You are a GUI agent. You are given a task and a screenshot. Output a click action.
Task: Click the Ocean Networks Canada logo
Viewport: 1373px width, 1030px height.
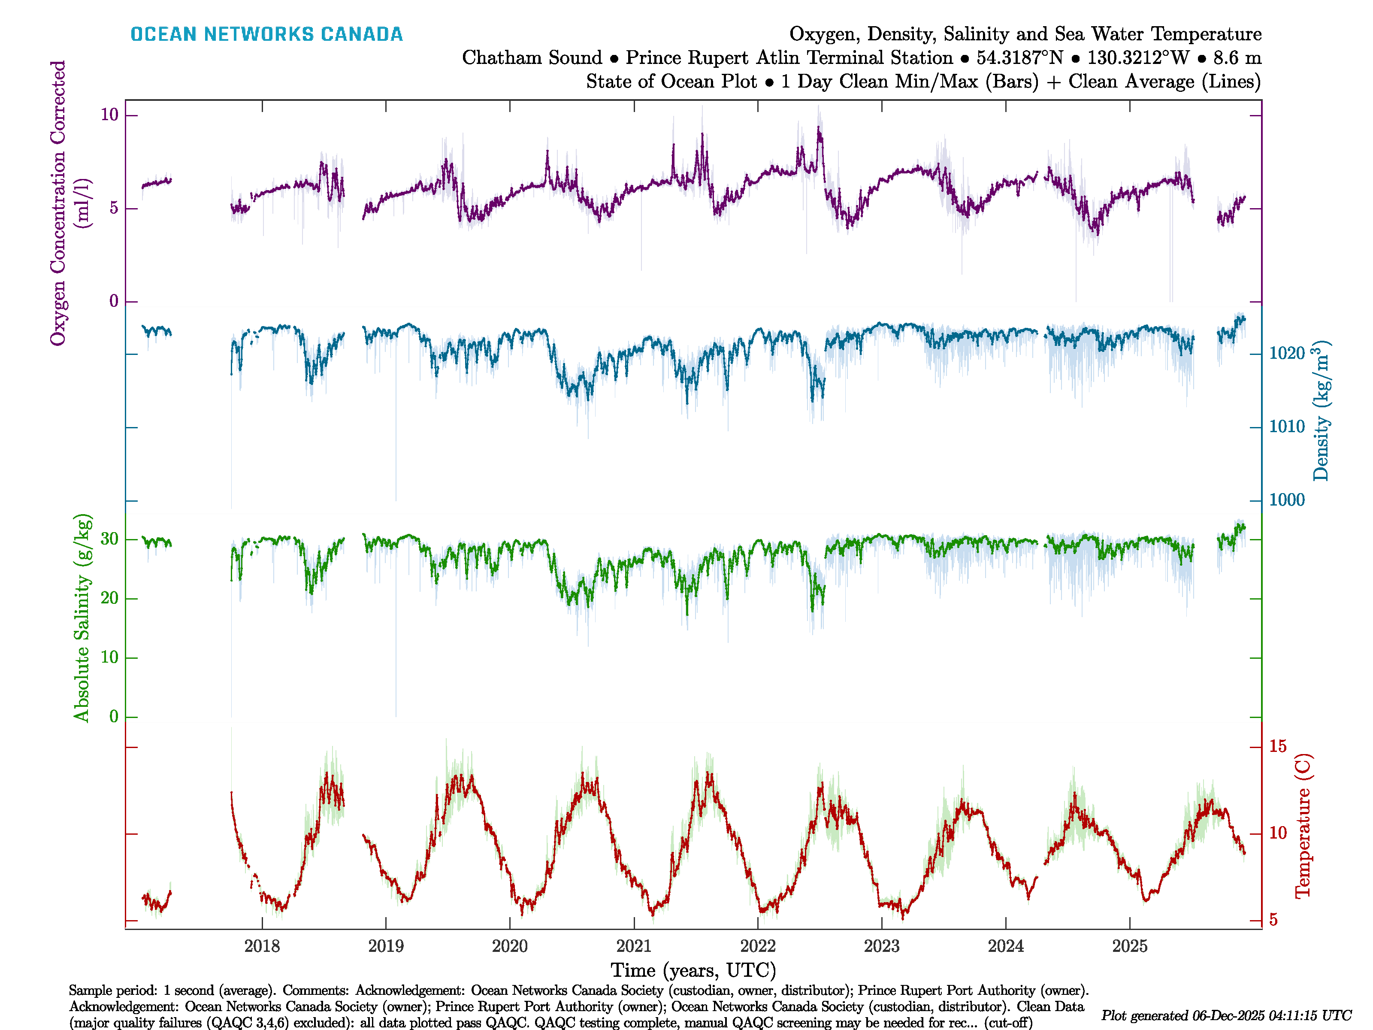click(266, 34)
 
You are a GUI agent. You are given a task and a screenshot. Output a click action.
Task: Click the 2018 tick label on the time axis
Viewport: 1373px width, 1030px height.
click(262, 946)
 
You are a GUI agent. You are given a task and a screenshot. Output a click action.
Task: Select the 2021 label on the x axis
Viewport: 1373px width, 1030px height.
click(634, 946)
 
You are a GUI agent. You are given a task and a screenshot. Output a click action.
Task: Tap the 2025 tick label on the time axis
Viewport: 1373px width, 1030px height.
click(1130, 946)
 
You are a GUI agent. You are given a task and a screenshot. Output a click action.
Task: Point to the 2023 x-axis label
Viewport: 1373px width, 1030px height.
click(881, 946)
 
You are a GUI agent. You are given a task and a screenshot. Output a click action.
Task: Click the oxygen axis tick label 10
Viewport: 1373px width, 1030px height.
click(109, 115)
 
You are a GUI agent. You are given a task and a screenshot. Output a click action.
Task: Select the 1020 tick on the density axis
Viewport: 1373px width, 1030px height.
click(1287, 354)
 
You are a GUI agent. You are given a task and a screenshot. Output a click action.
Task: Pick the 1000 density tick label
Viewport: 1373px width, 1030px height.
click(1287, 500)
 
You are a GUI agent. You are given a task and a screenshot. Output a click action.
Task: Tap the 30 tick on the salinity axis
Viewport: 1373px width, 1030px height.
click(109, 539)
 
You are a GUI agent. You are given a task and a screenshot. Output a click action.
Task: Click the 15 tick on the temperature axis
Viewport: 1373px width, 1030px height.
click(1277, 746)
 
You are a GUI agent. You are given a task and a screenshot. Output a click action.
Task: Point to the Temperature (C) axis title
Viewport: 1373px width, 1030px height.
click(1302, 826)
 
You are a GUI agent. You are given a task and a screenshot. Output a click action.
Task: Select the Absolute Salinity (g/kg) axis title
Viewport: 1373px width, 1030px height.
click(82, 618)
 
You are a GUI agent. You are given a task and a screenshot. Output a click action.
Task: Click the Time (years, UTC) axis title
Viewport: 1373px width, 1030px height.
click(693, 970)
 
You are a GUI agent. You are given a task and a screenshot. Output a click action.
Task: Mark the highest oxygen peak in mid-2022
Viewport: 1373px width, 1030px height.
click(819, 128)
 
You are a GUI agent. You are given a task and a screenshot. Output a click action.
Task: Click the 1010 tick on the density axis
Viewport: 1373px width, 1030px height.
click(1287, 427)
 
